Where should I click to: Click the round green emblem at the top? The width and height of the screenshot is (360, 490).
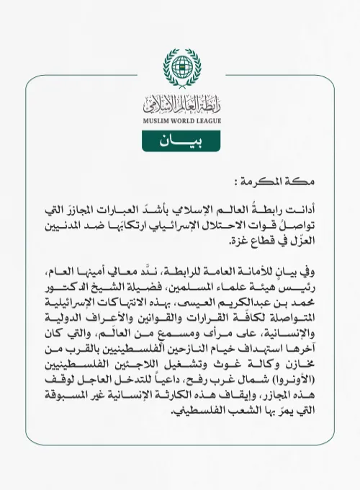pyautogui.click(x=180, y=68)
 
